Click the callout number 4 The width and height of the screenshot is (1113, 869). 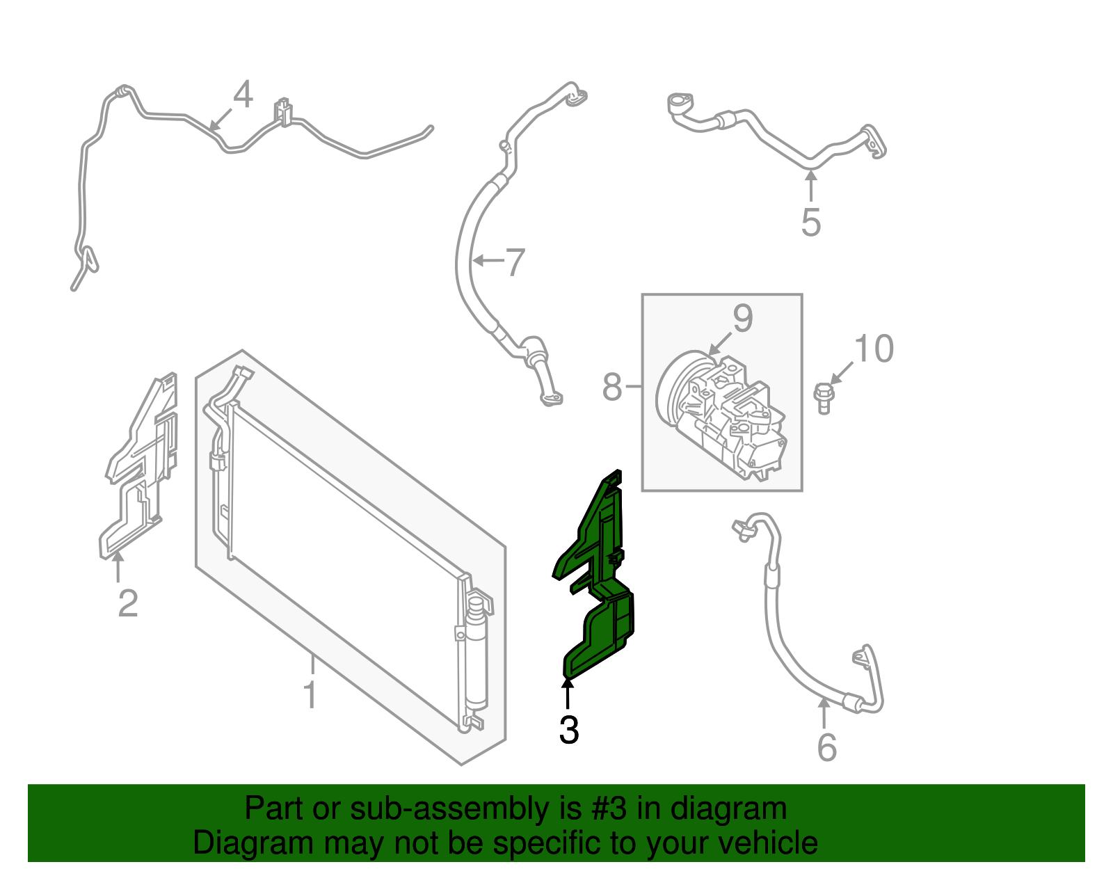pyautogui.click(x=243, y=95)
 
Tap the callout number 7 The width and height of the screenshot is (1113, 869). pyautogui.click(x=515, y=262)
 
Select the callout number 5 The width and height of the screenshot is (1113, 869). pyautogui.click(x=811, y=223)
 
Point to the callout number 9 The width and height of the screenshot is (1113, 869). pyautogui.click(x=743, y=318)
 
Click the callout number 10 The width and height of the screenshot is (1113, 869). pyautogui.click(x=874, y=349)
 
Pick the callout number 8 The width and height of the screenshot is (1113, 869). pyautogui.click(x=612, y=387)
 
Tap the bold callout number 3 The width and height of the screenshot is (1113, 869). pyautogui.click(x=569, y=730)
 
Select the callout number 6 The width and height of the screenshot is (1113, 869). pyautogui.click(x=826, y=748)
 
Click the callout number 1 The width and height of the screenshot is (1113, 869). pyautogui.click(x=310, y=695)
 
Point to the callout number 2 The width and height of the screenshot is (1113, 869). pyautogui.click(x=127, y=603)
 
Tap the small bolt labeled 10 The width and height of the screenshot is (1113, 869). pyautogui.click(x=824, y=399)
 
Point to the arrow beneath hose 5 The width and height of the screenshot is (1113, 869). pyautogui.click(x=811, y=186)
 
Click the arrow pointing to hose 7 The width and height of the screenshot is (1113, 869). pyautogui.click(x=488, y=261)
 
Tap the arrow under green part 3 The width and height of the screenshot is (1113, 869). pyautogui.click(x=567, y=692)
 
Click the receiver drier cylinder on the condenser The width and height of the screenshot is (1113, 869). pyautogui.click(x=477, y=653)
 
